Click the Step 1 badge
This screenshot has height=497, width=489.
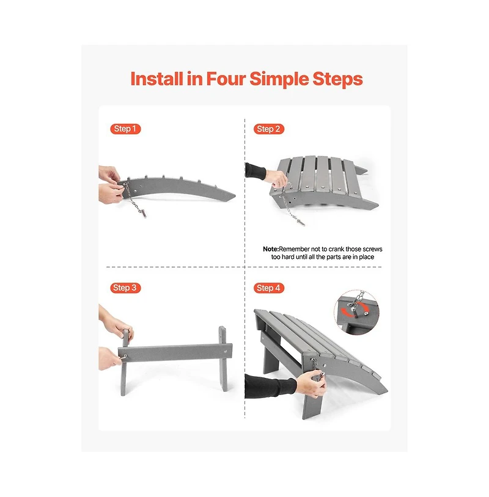[x=125, y=129]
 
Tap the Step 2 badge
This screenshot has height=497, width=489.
[x=268, y=129]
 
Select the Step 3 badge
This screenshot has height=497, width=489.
[x=125, y=288]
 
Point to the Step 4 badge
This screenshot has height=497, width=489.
[x=268, y=288]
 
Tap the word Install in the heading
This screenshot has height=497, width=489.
[x=156, y=79]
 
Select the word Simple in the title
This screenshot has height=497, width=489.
[x=279, y=79]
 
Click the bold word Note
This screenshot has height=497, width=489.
[x=271, y=249]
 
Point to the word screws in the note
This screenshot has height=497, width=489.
[x=372, y=249]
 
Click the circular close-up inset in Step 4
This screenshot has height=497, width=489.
[x=357, y=312]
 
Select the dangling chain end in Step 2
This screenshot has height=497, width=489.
[x=300, y=222]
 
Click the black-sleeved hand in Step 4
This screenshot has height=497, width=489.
[x=311, y=383]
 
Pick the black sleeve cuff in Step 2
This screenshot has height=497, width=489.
[x=256, y=170]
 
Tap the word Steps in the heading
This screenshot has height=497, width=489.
[x=337, y=79]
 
